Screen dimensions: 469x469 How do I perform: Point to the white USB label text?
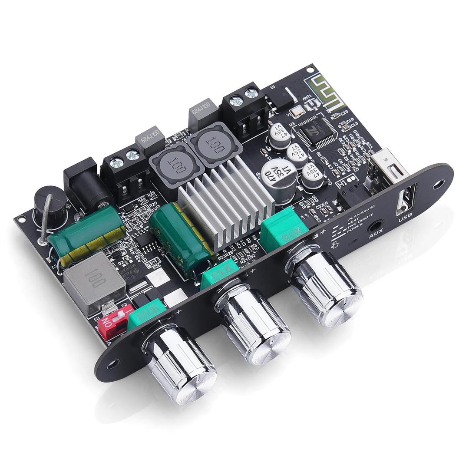coord(403,219)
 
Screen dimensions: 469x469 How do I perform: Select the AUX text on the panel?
coord(376,236)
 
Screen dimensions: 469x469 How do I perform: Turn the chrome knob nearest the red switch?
coord(180,363)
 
